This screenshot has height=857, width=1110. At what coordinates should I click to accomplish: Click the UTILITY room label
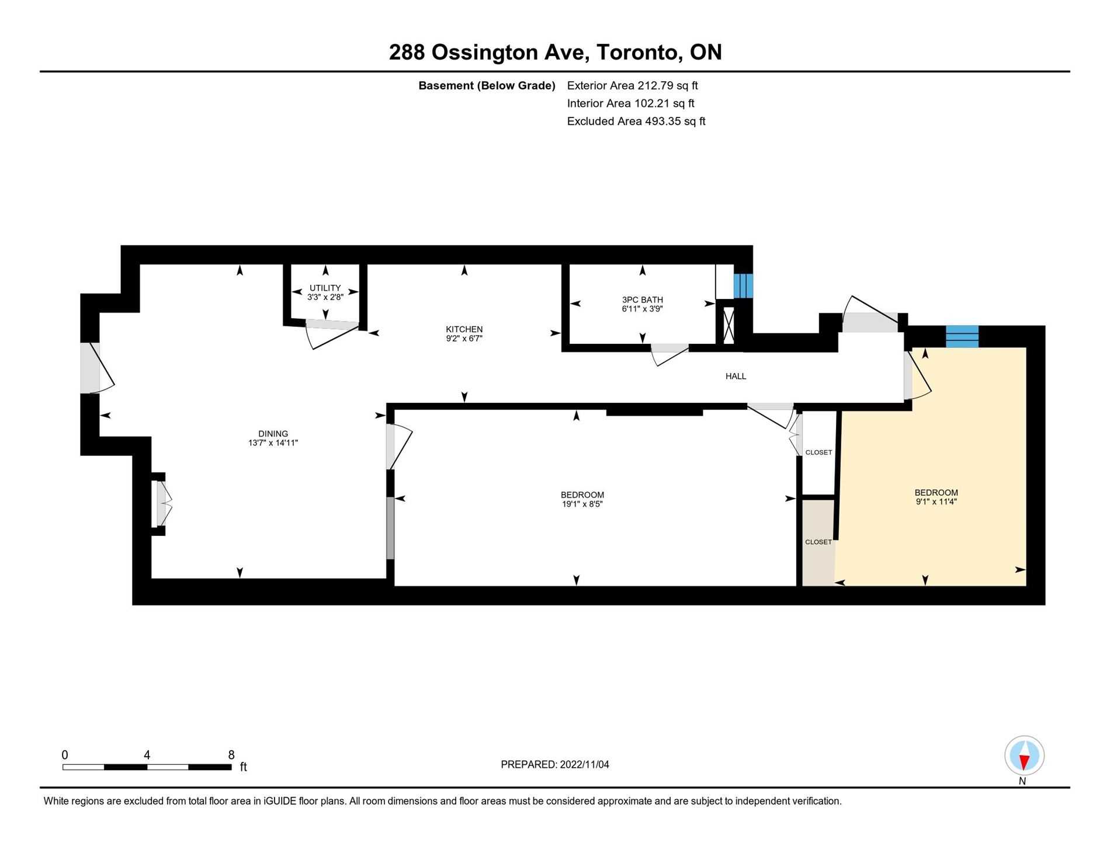coord(325,288)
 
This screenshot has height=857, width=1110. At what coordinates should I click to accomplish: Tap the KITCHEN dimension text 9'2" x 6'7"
coord(464,338)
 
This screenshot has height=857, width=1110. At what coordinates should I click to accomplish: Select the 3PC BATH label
coord(642,299)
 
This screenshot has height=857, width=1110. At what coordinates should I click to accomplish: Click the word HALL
coord(736,377)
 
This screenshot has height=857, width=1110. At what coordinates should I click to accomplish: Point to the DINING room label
coord(273,434)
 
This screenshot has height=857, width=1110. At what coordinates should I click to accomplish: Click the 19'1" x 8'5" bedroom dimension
coord(582,504)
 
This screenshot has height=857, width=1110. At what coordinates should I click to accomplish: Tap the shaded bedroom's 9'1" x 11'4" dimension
coord(936,501)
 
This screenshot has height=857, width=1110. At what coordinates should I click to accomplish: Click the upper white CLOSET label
coord(818,452)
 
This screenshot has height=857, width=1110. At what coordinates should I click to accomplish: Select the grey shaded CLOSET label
coord(818,542)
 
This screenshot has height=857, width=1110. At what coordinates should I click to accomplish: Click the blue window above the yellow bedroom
coord(962,337)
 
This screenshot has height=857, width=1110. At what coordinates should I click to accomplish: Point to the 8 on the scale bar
coord(231,755)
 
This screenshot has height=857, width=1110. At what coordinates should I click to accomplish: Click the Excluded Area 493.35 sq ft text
coord(636,121)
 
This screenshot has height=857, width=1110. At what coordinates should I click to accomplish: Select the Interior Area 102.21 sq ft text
coord(630,103)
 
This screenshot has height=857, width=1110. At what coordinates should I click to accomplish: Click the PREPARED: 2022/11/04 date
coord(554,765)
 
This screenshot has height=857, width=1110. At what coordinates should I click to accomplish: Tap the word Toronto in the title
coord(639,53)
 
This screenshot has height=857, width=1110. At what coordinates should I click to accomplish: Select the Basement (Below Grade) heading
coord(487,86)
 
